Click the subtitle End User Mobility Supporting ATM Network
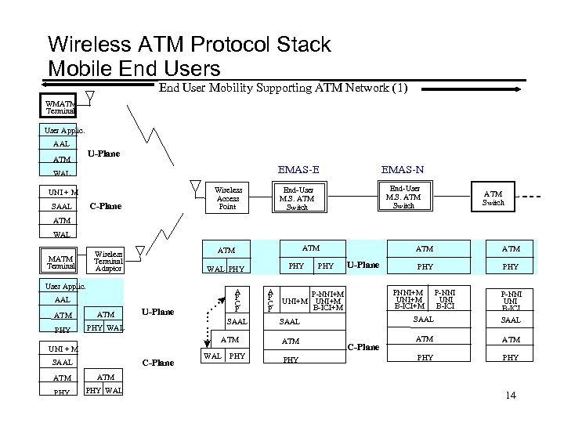click(283, 88)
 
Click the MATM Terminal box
click(61, 261)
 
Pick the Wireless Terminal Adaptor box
click(108, 261)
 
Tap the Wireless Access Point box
click(229, 197)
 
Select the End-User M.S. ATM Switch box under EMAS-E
click(298, 197)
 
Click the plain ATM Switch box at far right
click(493, 197)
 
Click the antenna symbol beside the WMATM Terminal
click(90, 98)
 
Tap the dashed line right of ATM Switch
click(533, 197)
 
